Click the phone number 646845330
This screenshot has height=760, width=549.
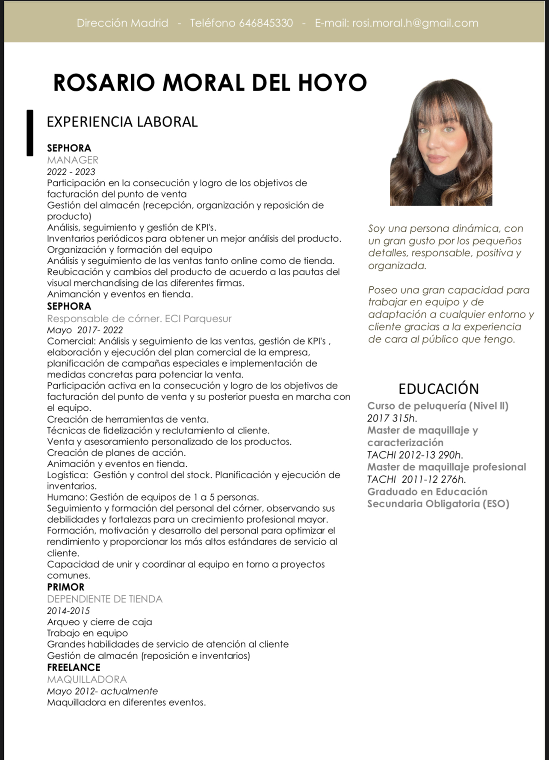pos(266,23)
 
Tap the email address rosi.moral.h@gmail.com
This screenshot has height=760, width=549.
pos(415,23)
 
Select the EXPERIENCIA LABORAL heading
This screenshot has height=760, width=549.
pos(122,122)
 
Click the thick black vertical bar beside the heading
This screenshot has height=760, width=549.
pos(30,133)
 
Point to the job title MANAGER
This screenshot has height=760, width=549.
pos(73,160)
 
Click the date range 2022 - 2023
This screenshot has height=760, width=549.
pos(71,172)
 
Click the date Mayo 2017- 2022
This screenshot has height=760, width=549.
pos(85,330)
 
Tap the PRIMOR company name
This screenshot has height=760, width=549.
pos(65,587)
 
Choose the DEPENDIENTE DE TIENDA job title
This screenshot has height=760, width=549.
pos(105,599)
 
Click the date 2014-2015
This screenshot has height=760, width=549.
pos(68,611)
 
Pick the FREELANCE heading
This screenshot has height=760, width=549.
pos(74,667)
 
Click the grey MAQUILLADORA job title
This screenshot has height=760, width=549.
pos(87,679)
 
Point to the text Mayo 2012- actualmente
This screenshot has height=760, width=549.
pos(102,691)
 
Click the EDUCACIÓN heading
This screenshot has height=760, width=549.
pos(438,389)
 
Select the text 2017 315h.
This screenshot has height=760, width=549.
pos(392,418)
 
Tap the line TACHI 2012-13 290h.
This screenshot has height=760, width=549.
pos(415,455)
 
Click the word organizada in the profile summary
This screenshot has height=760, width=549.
pos(397,265)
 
